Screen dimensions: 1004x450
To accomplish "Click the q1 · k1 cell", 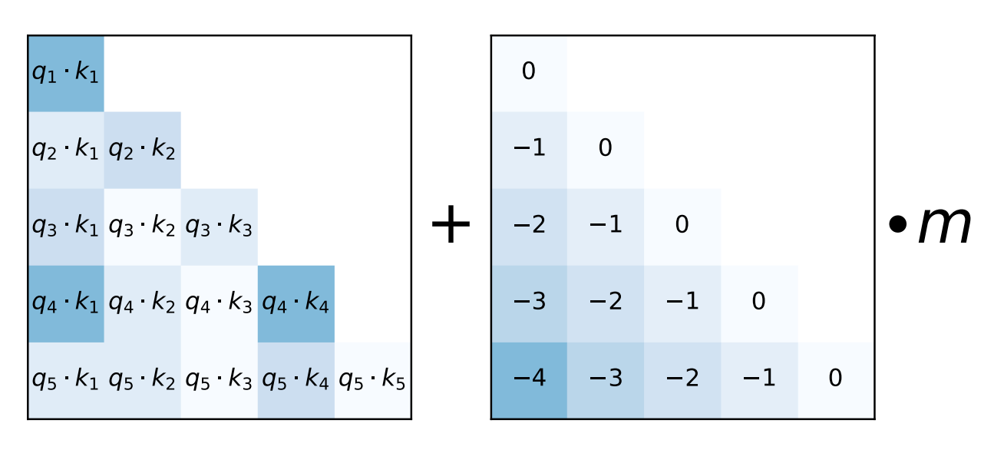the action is point(66,74).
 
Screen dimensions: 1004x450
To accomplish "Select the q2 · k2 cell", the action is point(143,151).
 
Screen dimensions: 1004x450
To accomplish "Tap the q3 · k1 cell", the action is point(66,227).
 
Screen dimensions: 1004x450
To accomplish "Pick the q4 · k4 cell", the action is point(296,304).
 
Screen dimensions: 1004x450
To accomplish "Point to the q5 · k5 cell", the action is point(373,381).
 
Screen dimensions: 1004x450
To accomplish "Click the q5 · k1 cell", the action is point(66,381).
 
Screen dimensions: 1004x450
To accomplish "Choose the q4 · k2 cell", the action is point(143,304).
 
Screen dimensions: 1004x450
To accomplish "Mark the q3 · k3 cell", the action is point(220,227).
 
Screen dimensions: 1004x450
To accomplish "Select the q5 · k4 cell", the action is point(296,381).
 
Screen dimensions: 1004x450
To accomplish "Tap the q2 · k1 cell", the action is point(66,151).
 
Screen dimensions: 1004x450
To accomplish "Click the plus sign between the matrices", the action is point(451,227).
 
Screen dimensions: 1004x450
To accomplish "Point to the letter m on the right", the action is point(945,227).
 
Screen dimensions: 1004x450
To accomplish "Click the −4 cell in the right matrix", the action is point(529,379).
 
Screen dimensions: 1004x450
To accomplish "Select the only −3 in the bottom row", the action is point(606,379).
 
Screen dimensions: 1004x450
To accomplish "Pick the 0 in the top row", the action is point(529,72).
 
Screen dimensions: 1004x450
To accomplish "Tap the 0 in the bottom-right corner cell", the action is point(836,379).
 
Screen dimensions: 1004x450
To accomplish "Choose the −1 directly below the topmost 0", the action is point(529,149).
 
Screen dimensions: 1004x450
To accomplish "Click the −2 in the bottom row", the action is point(682,379).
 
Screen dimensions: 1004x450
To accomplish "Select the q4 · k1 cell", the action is point(66,304).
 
